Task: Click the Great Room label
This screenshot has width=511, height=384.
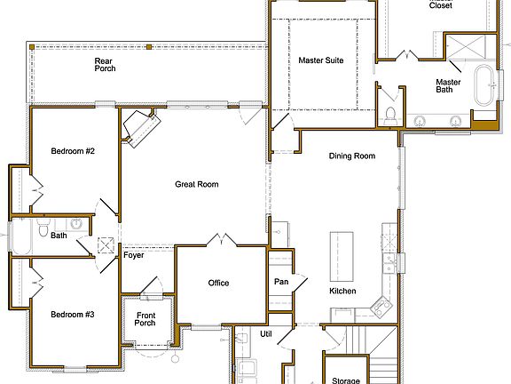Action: coord(197,184)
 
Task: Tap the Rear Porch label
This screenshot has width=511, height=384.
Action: coord(105,65)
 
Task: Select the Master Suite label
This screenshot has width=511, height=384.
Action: coord(321,61)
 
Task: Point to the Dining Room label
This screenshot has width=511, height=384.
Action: coord(352,156)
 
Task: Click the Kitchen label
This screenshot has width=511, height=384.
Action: coord(342,292)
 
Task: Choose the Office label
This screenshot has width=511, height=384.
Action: coord(219,284)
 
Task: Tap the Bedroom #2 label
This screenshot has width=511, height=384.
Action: coord(73,151)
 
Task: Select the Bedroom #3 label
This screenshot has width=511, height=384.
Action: coord(73,315)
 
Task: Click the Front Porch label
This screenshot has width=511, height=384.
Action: coord(145,318)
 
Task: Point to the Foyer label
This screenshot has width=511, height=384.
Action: coord(134,256)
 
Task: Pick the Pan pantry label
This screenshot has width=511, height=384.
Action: coord(280,282)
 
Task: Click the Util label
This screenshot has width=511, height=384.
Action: coord(265,334)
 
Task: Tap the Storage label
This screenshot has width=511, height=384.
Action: coord(345,380)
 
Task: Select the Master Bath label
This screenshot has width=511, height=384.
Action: coord(448,87)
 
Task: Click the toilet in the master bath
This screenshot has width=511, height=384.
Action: coord(390,115)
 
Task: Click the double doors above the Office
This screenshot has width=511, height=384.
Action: coord(219,240)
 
